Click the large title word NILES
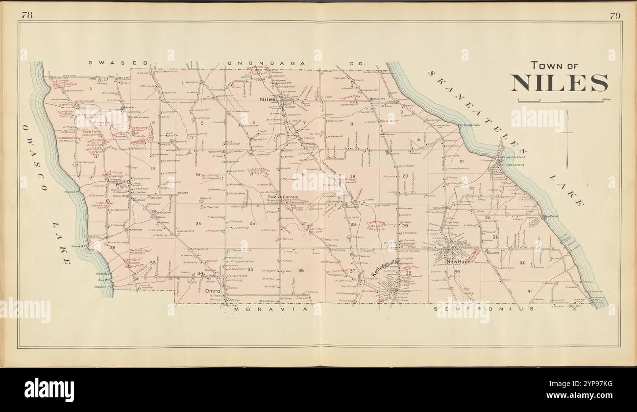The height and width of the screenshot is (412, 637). tap(559, 83)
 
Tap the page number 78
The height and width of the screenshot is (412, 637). tap(27, 15)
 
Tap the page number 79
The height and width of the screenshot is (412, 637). tap(615, 15)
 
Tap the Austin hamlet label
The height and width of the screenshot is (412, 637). tap(122, 181)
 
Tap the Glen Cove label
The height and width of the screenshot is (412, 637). tap(550, 216)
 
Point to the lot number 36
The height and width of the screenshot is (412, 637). tap(301, 270)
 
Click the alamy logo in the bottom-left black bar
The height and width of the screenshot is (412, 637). tap(49, 389)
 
